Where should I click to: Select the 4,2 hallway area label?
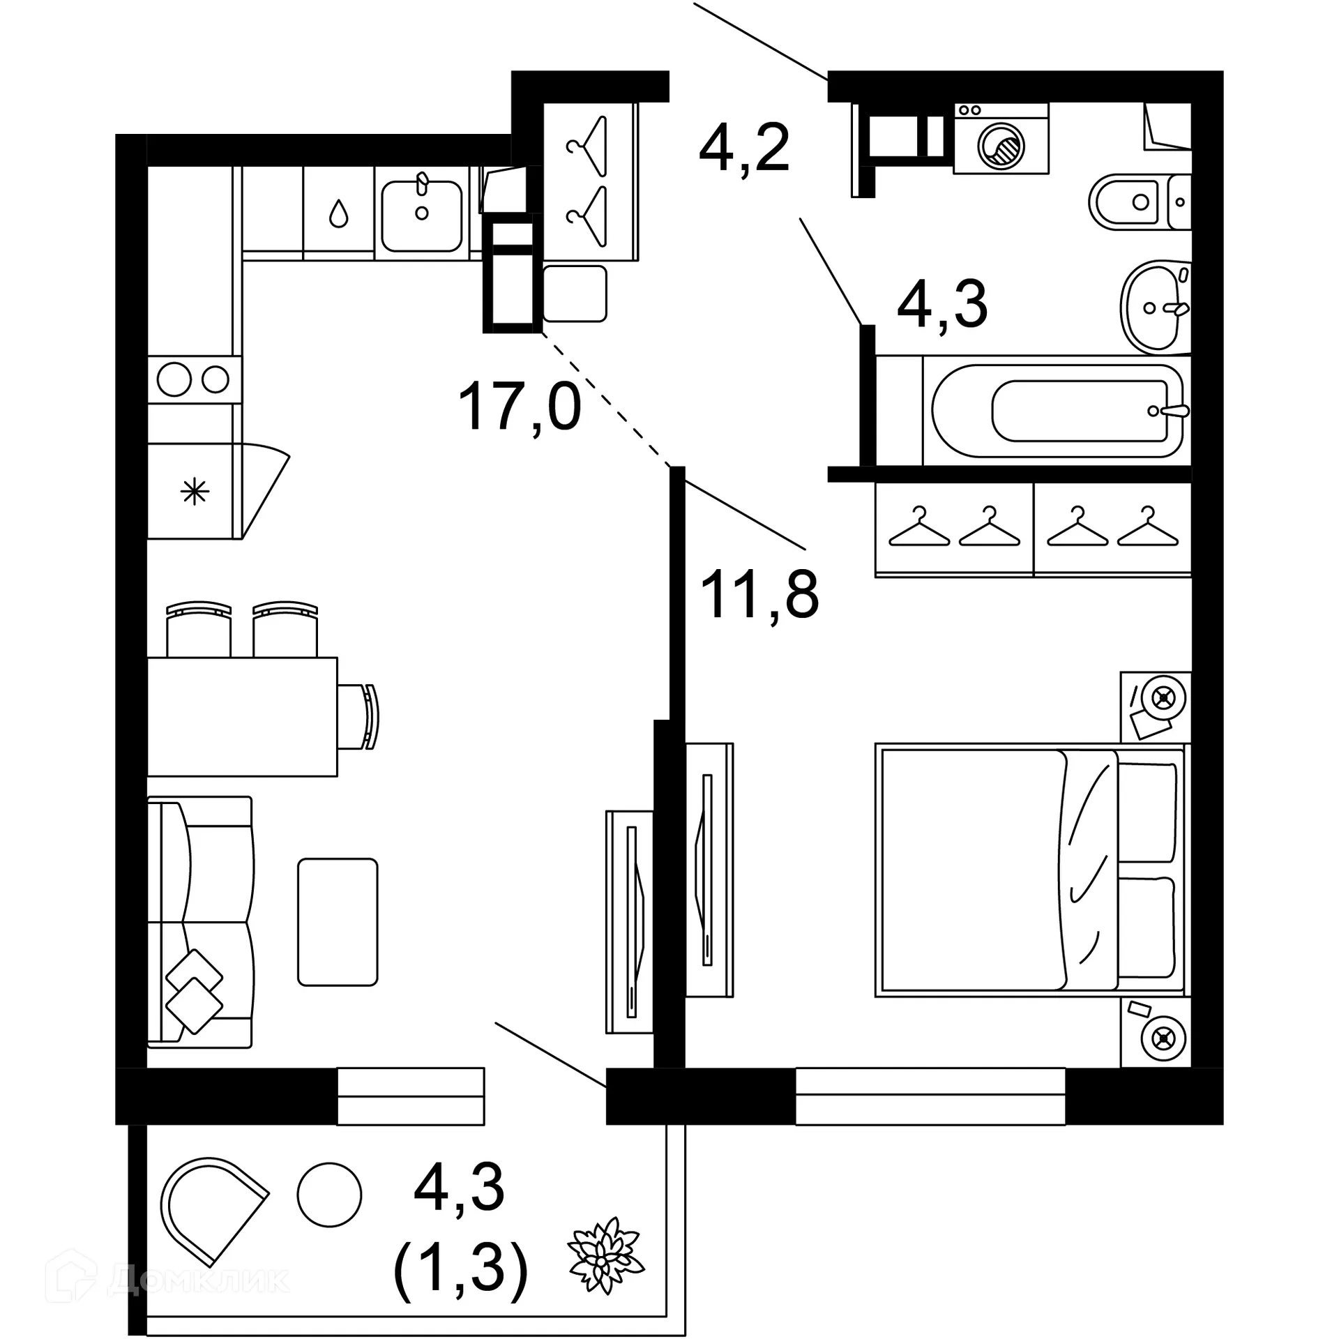point(744,148)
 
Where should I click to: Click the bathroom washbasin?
point(1154,307)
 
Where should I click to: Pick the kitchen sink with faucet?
point(421,215)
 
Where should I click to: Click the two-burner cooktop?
point(194,380)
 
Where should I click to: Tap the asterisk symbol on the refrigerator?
point(195,493)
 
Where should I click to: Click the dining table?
point(242,716)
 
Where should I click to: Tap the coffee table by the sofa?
point(338,922)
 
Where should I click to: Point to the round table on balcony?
point(329,1195)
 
